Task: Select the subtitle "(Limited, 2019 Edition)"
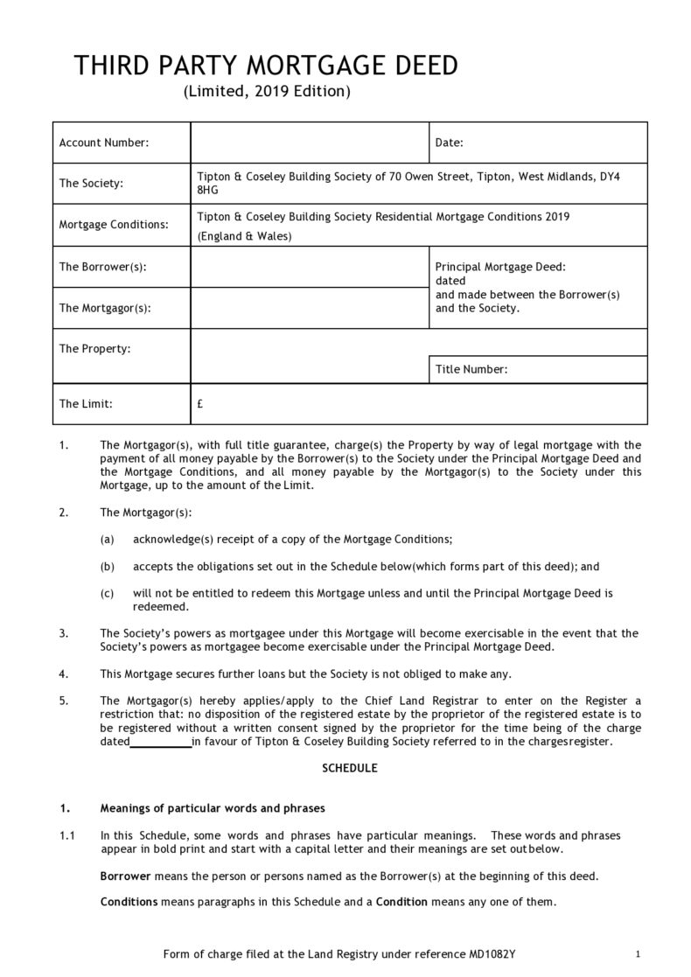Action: (267, 91)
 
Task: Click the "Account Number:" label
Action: (103, 143)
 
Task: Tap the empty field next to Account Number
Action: (309, 143)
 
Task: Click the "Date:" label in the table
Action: (449, 143)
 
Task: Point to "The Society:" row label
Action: (90, 184)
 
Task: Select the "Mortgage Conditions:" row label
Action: (113, 225)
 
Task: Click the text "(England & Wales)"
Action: (244, 236)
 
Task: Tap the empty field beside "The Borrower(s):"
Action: (309, 267)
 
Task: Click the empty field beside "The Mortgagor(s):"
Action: (309, 308)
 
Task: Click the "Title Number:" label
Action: (471, 370)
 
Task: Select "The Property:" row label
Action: (94, 349)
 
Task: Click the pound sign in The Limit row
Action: (200, 404)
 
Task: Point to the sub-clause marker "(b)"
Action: (108, 567)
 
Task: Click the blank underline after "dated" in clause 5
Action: (161, 743)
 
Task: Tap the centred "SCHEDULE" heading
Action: (350, 768)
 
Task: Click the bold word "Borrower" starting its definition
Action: (126, 876)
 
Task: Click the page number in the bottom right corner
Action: (639, 953)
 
